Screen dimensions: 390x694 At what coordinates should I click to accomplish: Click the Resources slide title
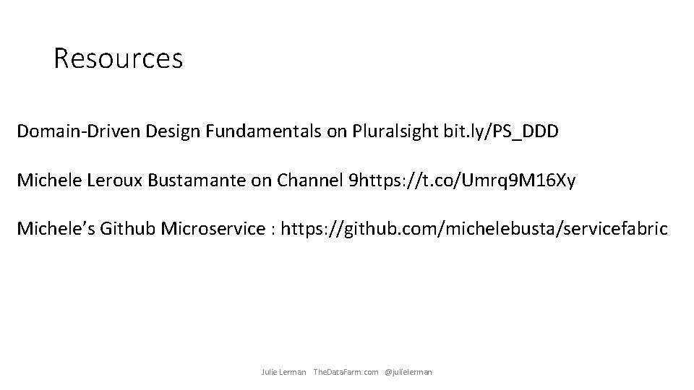[x=118, y=58]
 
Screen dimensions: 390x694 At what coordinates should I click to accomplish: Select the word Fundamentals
[x=239, y=131]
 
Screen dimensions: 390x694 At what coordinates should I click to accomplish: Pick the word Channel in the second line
[x=307, y=181]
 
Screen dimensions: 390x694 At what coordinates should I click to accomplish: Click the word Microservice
[x=213, y=230]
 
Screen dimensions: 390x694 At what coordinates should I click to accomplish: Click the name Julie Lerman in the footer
[x=283, y=372]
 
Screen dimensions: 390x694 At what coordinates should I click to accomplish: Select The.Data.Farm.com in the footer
[x=346, y=372]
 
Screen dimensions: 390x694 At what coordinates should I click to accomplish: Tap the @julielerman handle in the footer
[x=408, y=372]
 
